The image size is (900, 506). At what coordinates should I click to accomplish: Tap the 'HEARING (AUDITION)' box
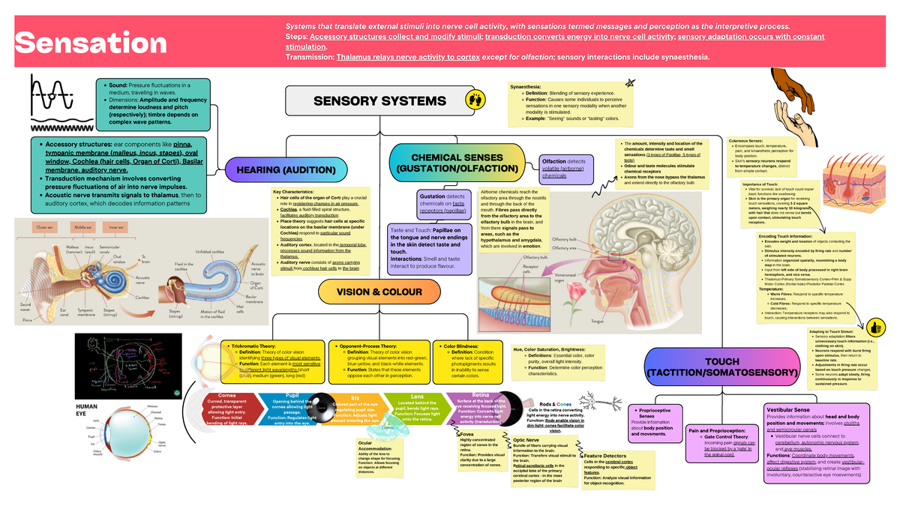(x=286, y=171)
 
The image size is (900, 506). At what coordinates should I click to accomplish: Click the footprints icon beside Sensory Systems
(x=475, y=100)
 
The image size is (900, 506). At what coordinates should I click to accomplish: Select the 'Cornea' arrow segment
(x=226, y=396)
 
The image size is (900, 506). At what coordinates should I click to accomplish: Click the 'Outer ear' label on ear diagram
(x=47, y=226)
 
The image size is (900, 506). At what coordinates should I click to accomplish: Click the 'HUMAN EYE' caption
(x=87, y=410)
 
